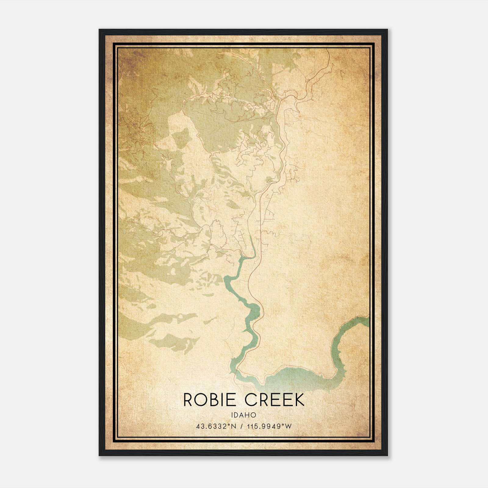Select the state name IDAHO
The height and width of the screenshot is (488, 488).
(244, 415)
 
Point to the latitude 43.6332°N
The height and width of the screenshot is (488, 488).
(217, 426)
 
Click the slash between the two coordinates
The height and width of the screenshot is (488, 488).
(242, 426)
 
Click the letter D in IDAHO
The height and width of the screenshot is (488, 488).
(237, 415)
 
